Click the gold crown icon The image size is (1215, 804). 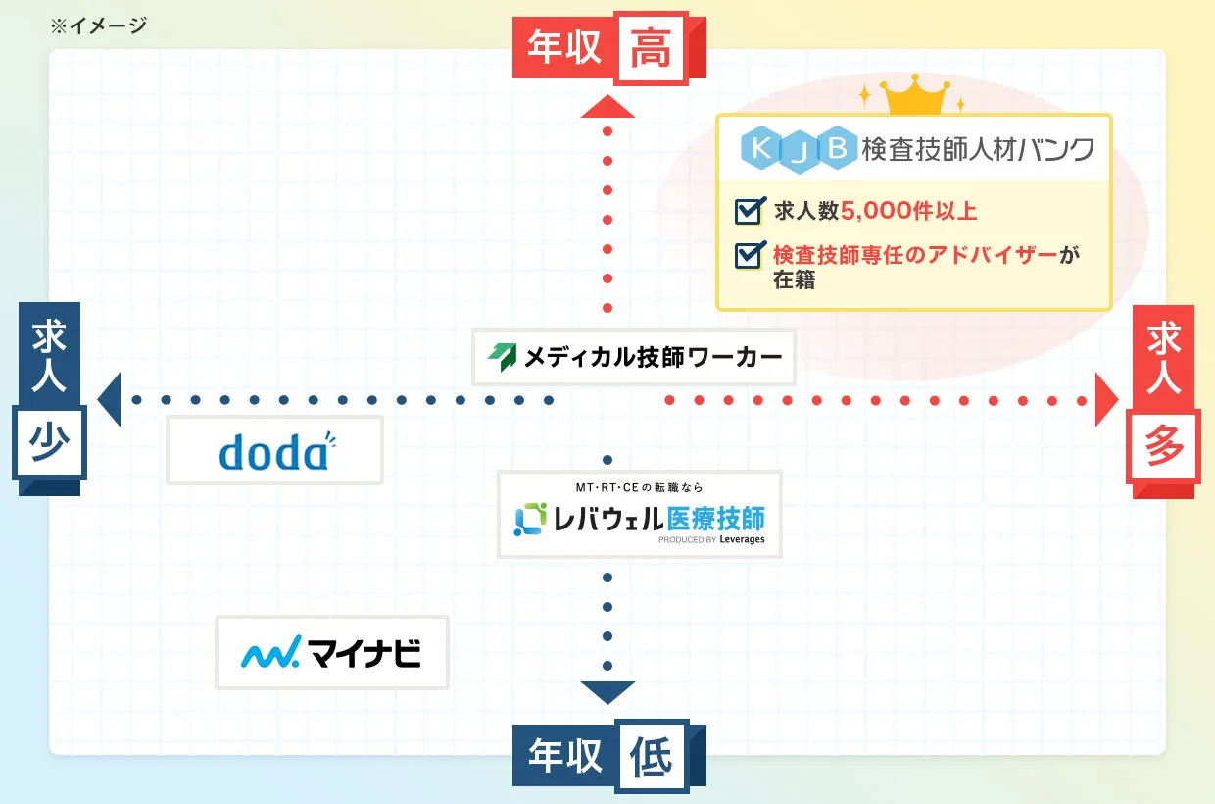click(915, 97)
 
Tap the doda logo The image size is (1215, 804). click(275, 451)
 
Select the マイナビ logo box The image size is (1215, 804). click(331, 653)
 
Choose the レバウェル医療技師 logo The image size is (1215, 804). click(640, 515)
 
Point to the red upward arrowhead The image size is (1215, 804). click(607, 106)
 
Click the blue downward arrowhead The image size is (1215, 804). click(607, 691)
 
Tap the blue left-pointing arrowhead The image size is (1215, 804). click(110, 400)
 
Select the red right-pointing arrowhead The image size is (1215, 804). click(1105, 400)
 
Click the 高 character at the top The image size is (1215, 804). click(650, 49)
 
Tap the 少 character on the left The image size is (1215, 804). click(49, 445)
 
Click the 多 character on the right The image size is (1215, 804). click(1164, 448)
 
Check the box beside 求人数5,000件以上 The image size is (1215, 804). click(750, 211)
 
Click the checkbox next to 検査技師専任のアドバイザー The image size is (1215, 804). click(750, 255)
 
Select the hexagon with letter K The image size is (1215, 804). click(757, 149)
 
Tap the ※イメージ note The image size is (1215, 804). click(98, 25)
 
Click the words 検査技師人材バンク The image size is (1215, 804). click(977, 150)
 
